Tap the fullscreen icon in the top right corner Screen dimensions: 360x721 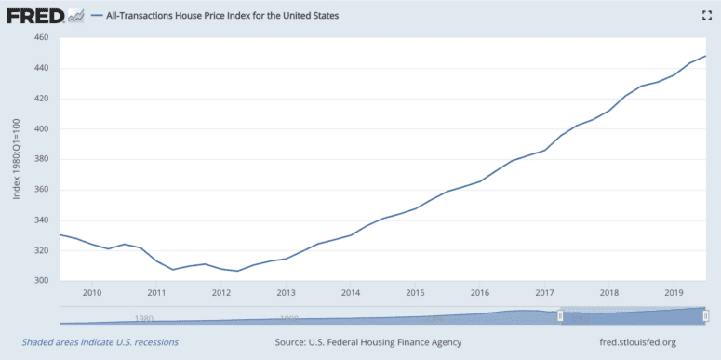(x=705, y=16)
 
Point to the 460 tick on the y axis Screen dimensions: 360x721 (x=41, y=37)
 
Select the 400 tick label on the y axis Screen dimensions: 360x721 (x=41, y=128)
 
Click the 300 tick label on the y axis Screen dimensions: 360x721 (x=41, y=281)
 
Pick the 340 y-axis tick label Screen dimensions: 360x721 (x=41, y=220)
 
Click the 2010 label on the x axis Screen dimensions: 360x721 (x=92, y=293)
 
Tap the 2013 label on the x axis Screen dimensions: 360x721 (x=286, y=293)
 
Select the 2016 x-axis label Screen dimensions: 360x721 (x=479, y=293)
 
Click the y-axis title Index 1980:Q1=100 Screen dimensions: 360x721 (x=16, y=159)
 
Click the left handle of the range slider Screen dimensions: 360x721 (x=560, y=316)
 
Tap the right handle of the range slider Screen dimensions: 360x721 (x=704, y=316)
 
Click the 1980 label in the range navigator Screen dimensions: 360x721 (x=143, y=318)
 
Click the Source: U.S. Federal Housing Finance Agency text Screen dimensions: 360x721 (x=367, y=342)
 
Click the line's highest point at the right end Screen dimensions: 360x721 (x=705, y=57)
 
